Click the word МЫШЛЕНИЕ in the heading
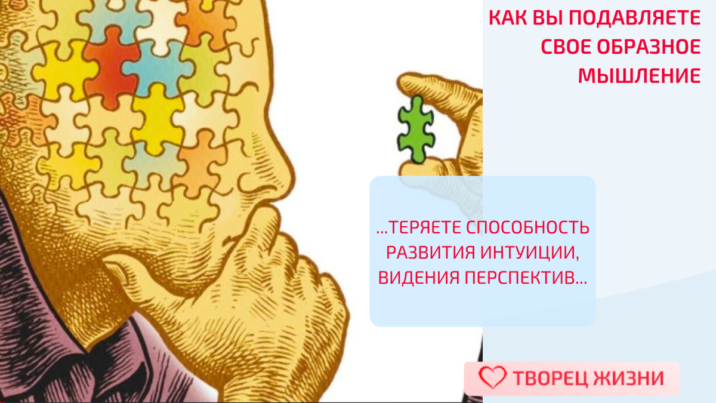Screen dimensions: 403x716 (640, 76)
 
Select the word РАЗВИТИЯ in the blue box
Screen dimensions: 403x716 (428, 253)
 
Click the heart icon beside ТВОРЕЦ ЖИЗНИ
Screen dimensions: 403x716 (493, 378)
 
